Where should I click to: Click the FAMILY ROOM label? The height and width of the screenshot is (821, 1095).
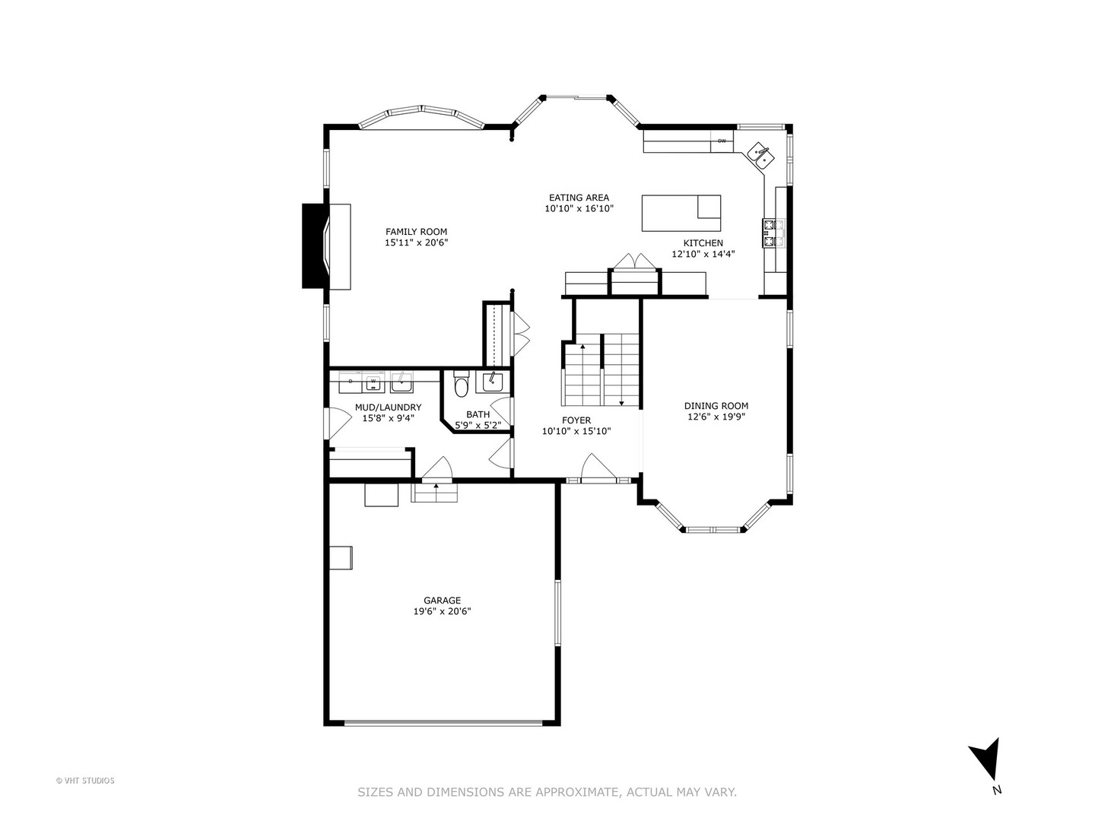416,232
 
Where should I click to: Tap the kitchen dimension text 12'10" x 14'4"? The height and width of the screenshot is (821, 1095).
703,254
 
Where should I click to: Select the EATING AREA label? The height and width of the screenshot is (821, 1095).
579,198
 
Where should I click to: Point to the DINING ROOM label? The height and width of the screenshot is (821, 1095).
716,406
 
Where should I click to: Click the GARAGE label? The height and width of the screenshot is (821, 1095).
442,601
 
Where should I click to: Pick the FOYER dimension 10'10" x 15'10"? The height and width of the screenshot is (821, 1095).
576,431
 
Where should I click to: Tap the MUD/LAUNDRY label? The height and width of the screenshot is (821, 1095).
388,407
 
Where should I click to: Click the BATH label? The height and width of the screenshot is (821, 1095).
478,414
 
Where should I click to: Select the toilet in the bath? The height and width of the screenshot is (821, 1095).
461,386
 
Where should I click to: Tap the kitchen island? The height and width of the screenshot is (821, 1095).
681,213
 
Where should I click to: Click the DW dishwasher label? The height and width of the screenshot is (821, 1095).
722,141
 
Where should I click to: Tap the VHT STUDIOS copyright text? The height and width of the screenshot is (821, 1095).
85,781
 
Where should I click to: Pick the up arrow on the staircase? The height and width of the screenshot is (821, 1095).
582,348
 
